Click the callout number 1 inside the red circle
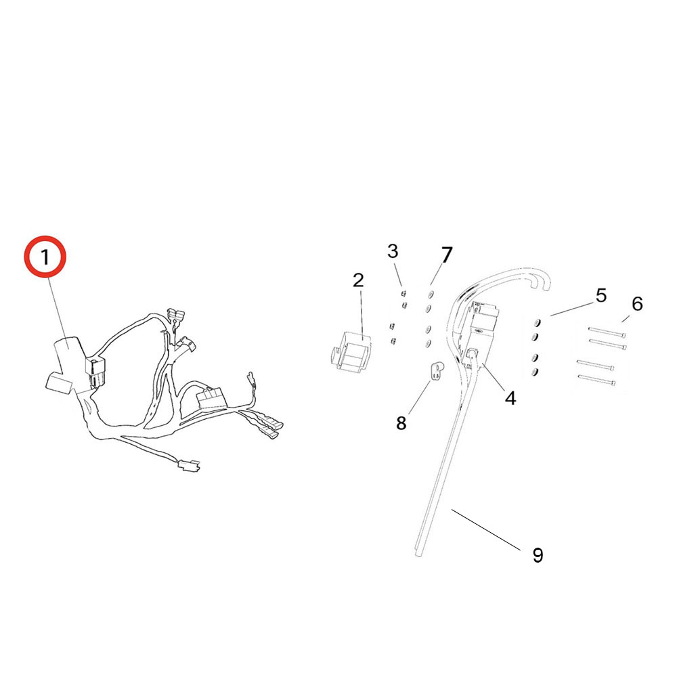coord(45,258)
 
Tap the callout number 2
coord(358,280)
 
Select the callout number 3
coord(393,252)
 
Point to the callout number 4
coord(510,398)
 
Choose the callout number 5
coord(600,295)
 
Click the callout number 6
coord(636,305)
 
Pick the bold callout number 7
coord(446,255)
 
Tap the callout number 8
coord(401,423)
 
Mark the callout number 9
coord(538,555)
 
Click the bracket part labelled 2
coord(352,351)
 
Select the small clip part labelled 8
coord(436,370)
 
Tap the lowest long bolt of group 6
coord(596,382)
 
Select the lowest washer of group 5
coord(536,372)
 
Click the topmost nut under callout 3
coord(402,292)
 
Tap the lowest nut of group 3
coord(392,341)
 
